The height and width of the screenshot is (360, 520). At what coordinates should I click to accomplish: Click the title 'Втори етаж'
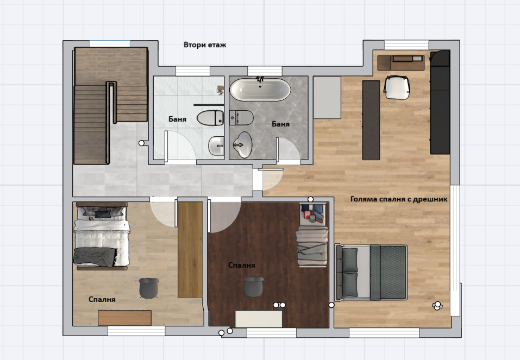(x=205, y=45)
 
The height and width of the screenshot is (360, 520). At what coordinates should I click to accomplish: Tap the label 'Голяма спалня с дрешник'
(x=399, y=199)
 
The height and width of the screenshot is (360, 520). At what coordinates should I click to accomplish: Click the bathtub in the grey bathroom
(x=260, y=89)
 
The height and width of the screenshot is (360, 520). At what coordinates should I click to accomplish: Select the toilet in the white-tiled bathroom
(x=211, y=118)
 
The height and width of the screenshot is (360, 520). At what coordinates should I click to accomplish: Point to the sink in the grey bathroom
(x=243, y=145)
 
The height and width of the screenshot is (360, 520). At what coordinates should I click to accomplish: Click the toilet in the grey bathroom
(x=241, y=118)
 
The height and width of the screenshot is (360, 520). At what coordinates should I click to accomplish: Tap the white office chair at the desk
(x=397, y=87)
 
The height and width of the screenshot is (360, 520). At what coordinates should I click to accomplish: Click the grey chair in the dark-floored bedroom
(x=254, y=287)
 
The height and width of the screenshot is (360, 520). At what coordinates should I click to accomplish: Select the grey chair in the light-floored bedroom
(x=148, y=288)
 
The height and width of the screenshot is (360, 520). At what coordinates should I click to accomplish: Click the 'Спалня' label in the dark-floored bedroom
(x=242, y=265)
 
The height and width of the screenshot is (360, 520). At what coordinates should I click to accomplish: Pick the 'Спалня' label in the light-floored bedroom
(x=102, y=299)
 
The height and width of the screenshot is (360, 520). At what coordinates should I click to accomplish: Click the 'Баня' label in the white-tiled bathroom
(x=178, y=119)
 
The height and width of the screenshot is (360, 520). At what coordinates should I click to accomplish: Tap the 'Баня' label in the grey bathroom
(x=280, y=124)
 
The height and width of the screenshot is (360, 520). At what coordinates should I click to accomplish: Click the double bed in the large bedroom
(x=371, y=273)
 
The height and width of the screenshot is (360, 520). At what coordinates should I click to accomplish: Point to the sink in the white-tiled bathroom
(x=217, y=146)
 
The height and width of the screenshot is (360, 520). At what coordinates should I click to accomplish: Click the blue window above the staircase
(x=110, y=43)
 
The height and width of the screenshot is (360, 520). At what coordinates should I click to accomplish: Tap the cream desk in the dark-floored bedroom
(x=259, y=319)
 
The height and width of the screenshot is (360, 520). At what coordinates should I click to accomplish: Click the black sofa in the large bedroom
(x=440, y=103)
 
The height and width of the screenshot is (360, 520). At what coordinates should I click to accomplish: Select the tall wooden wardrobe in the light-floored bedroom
(x=190, y=250)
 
